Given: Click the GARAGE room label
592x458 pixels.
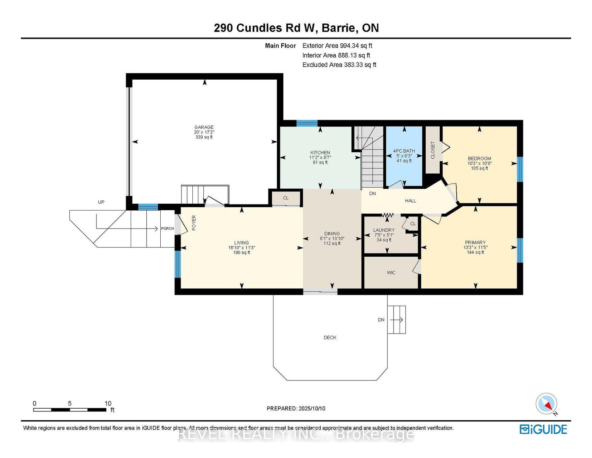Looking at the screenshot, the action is pos(204,127).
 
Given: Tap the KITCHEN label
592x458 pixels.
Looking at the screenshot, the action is pos(320,153).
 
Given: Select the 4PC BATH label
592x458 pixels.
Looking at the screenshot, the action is pos(404,151).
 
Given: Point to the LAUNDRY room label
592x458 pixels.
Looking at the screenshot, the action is pos(384,230).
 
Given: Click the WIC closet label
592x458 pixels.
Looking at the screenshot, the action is pos(391,273).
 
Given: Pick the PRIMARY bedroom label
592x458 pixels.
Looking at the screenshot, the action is pos(475,243).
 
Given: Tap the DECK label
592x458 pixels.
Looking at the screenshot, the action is pos(330,337).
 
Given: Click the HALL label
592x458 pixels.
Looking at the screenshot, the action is pos(411,201).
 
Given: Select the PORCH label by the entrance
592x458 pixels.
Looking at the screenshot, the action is pos(167,228).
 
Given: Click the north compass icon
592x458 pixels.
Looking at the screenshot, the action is pos(547,403).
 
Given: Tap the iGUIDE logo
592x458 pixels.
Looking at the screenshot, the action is pos(543,429).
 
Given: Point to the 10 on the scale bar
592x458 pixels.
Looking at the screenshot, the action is pos(108,403).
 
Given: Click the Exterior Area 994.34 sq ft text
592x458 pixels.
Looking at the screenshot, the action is pos(337,45).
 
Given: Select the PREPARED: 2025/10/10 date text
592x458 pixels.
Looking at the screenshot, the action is pos(296,408).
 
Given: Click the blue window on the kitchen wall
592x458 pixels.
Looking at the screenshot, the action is pos(307,123).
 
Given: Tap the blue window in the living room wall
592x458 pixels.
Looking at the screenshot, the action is pos(178,264).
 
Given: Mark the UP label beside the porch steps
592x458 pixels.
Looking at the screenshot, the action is pos(101,202).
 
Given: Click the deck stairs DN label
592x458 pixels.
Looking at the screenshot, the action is pos(381,320).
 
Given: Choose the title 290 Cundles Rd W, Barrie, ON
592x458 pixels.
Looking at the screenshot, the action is pos(296,28).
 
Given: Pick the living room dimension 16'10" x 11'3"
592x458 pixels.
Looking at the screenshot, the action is pos(242,248).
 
